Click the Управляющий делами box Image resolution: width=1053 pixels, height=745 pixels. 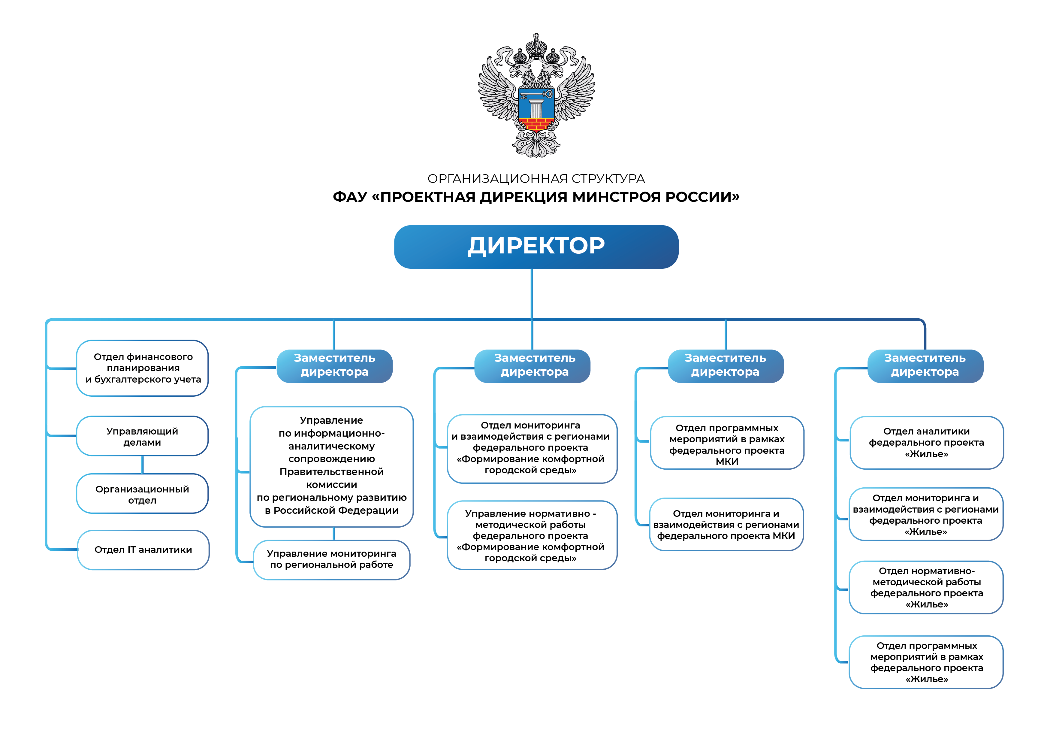coord(142,436)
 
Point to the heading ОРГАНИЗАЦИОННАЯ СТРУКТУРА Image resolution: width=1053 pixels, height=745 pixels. coord(536,178)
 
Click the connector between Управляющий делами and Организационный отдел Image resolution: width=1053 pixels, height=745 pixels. coord(143,465)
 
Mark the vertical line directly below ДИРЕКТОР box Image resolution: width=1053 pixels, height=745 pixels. coord(532,294)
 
